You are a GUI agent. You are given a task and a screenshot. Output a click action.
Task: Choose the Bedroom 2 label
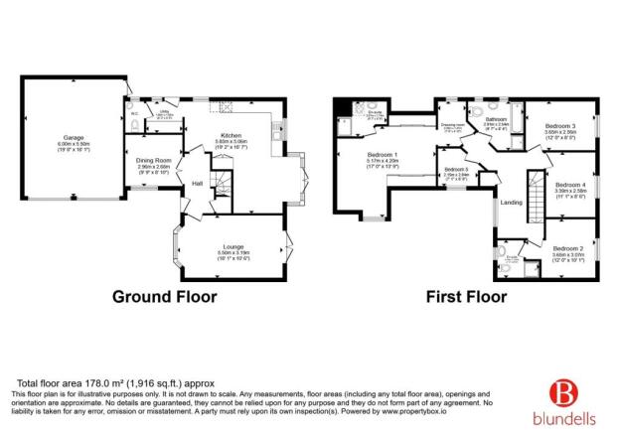tap(567, 247)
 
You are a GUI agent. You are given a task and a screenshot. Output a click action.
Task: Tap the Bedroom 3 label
tap(559, 126)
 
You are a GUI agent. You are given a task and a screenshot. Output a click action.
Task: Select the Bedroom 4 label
tap(569, 185)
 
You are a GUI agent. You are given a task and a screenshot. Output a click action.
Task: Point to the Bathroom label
tap(497, 119)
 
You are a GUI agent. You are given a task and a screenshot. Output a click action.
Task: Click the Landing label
tap(511, 203)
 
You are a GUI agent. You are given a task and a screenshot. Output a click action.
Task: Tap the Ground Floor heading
tap(164, 296)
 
